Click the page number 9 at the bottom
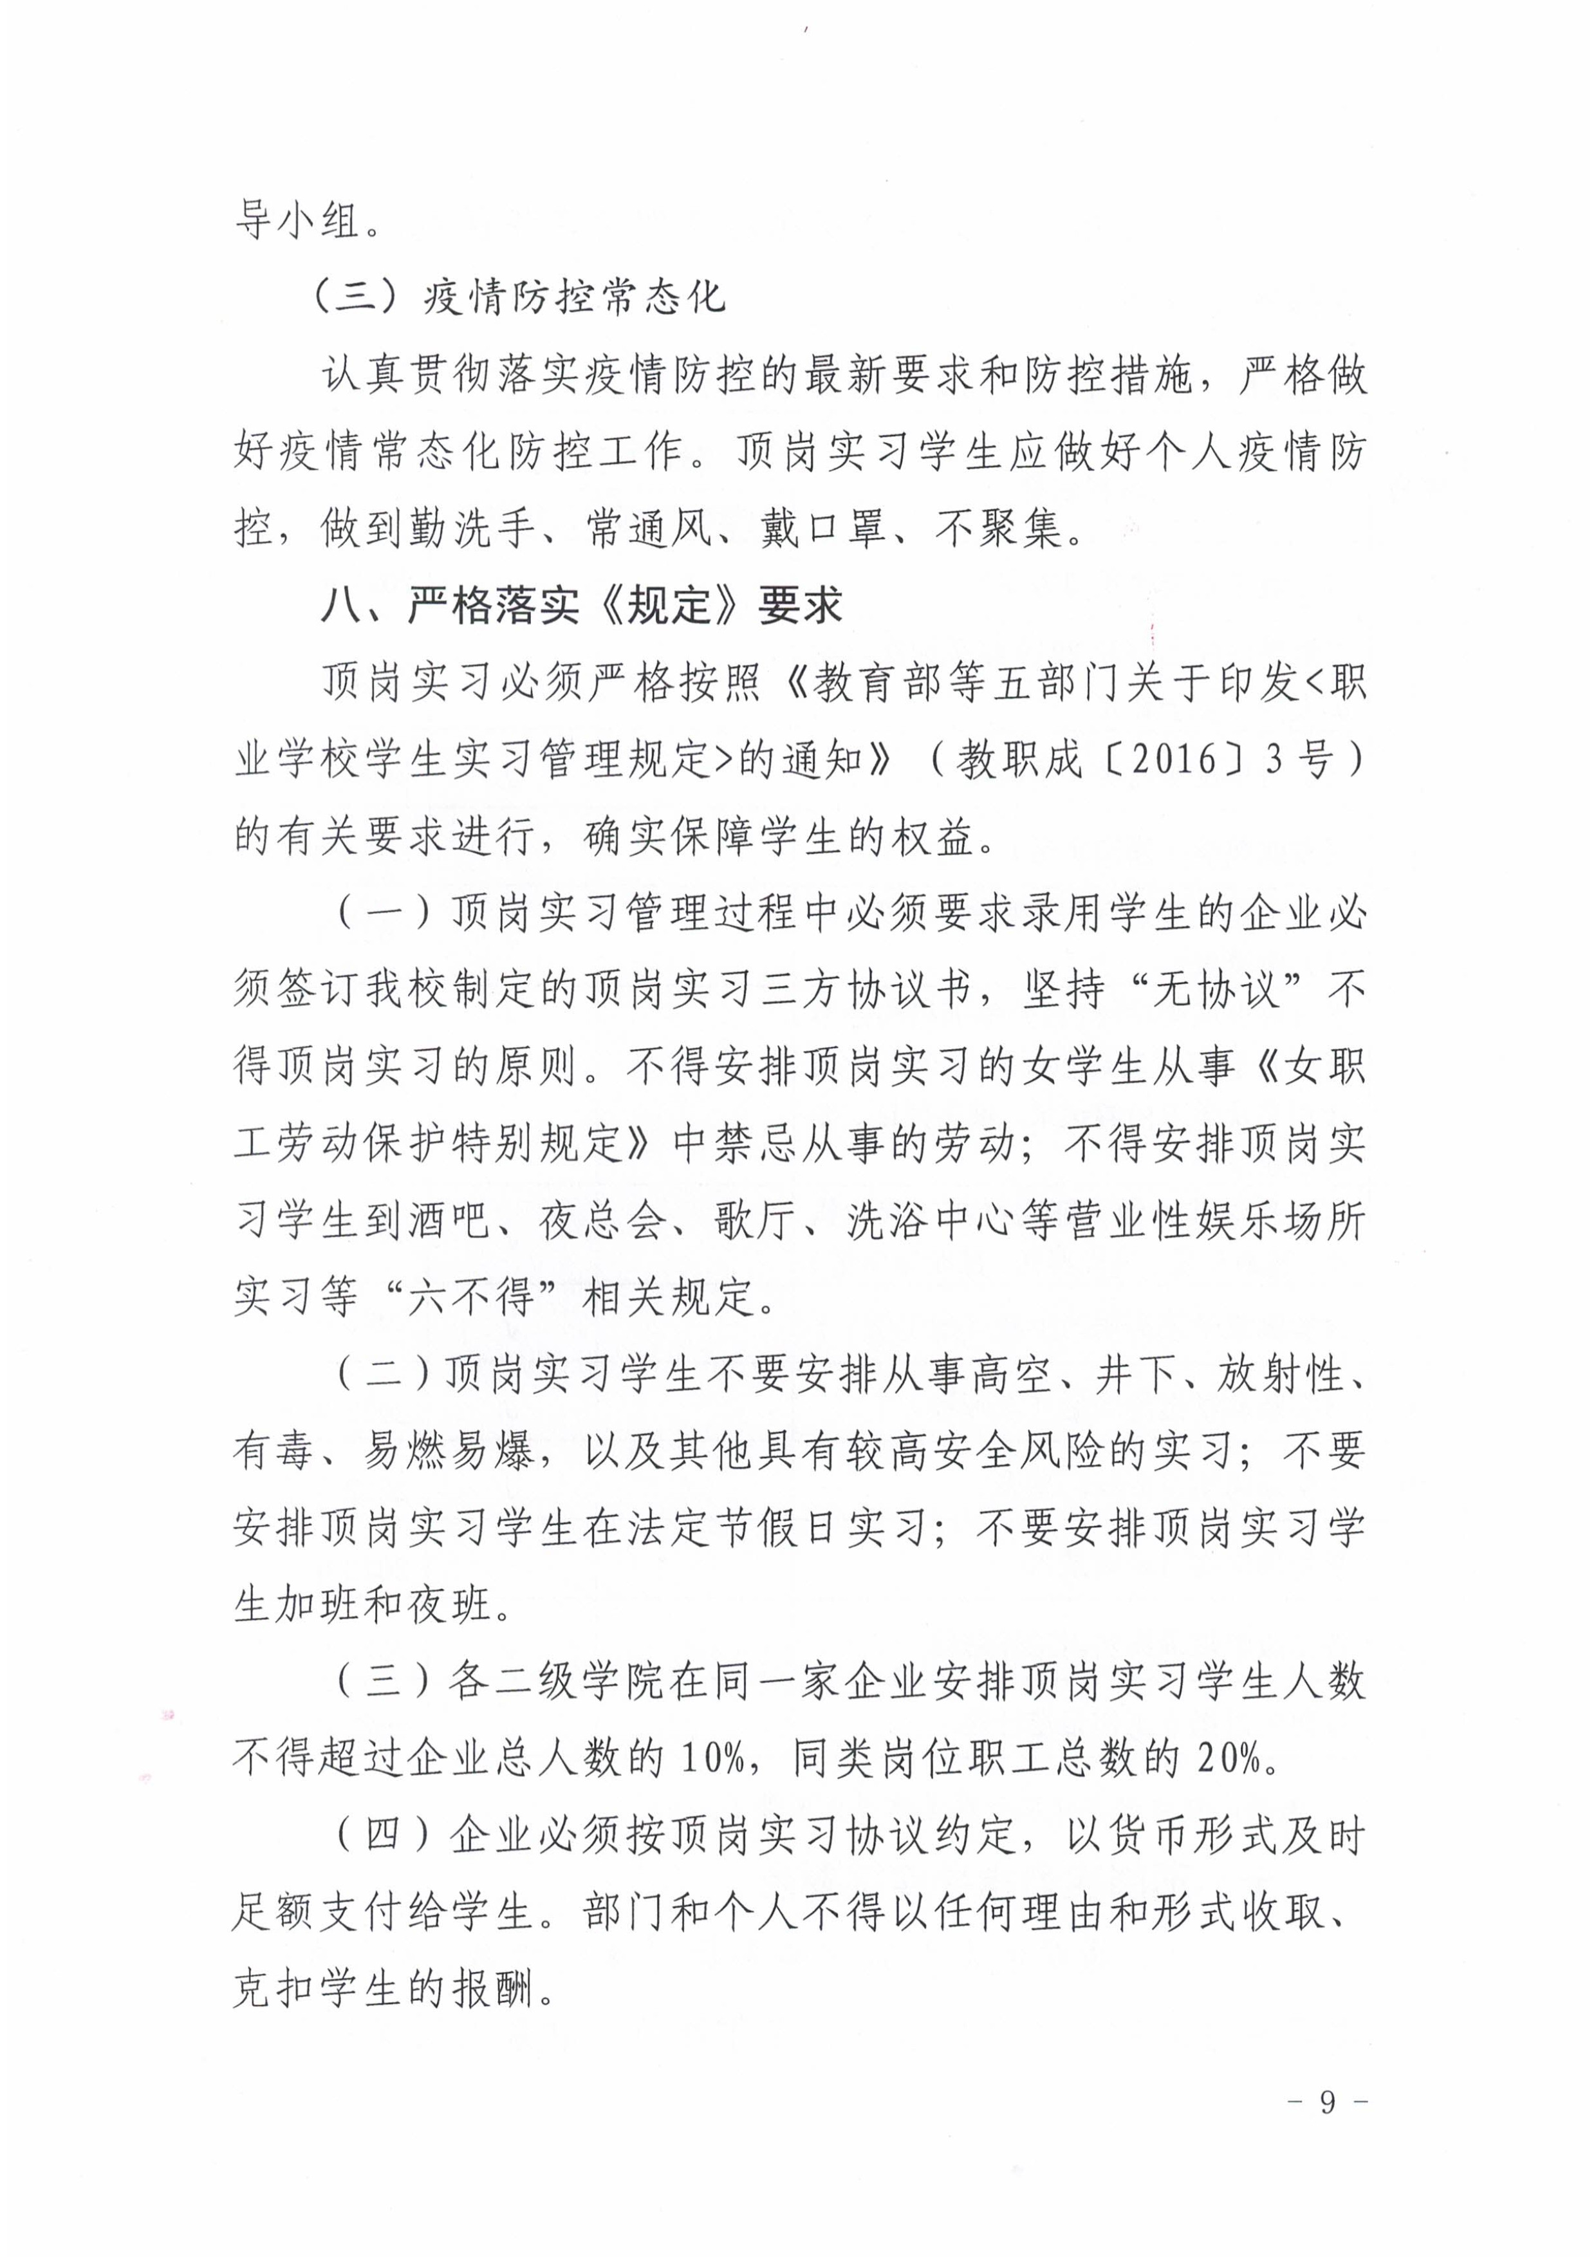(1328, 2102)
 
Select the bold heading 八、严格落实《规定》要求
(582, 606)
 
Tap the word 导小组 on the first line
(297, 219)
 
